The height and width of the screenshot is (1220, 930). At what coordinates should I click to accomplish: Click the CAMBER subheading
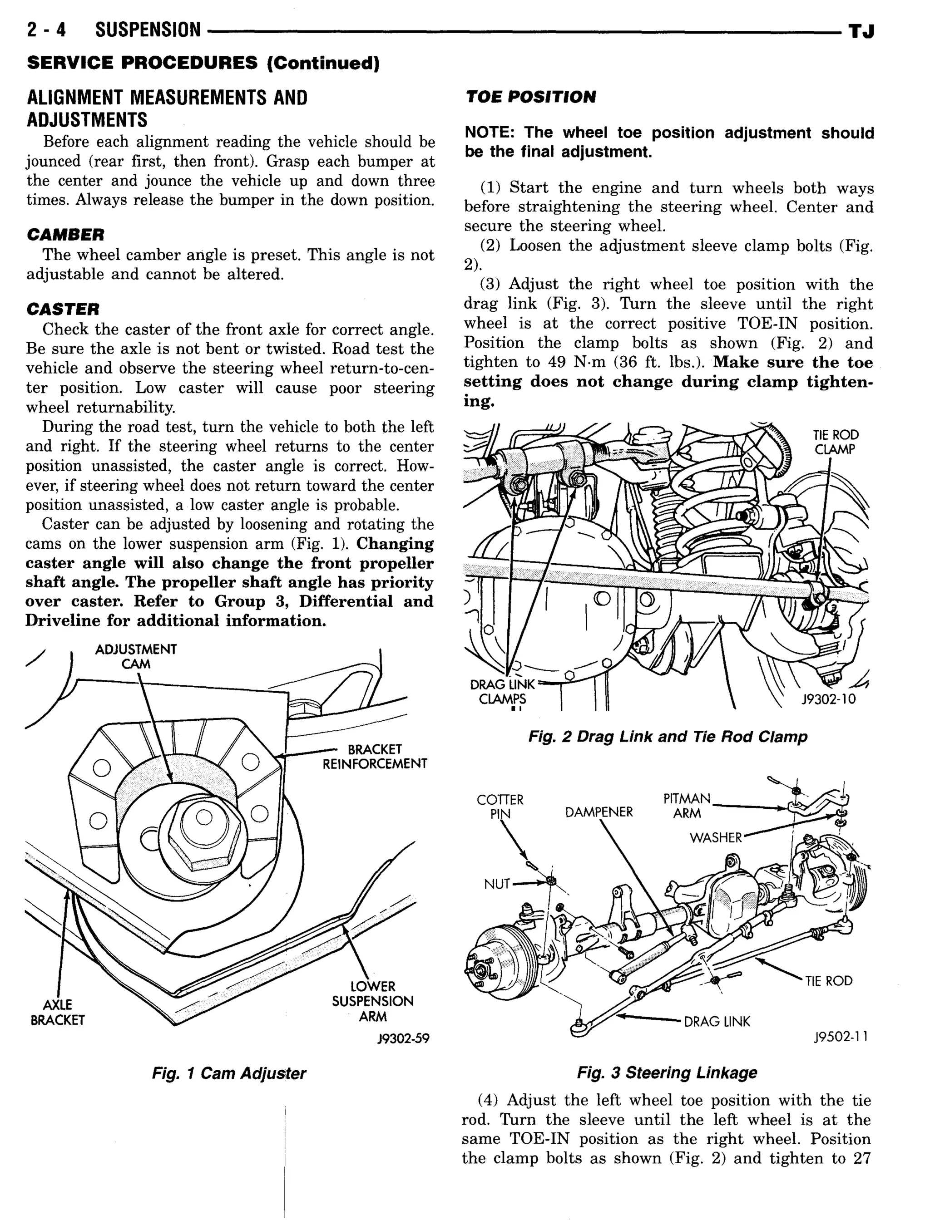click(65, 235)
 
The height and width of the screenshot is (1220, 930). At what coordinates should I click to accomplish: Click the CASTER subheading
click(63, 309)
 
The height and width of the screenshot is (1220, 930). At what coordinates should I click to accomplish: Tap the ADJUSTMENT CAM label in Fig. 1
click(136, 656)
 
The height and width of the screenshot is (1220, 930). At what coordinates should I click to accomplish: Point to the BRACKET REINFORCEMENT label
click(375, 756)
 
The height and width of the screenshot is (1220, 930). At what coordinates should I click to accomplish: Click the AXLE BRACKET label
click(58, 1012)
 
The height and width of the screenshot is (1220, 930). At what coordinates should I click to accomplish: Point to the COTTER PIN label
click(500, 807)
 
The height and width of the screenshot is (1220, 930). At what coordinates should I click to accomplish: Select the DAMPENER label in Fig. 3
click(599, 812)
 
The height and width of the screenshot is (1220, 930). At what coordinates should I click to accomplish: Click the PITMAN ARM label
click(687, 806)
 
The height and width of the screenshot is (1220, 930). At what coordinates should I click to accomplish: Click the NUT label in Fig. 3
click(496, 884)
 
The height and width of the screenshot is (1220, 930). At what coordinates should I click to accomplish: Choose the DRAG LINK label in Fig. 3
click(717, 1021)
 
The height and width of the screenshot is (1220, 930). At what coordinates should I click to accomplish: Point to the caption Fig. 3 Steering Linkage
click(667, 1072)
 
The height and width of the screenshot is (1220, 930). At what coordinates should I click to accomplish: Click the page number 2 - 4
click(46, 30)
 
